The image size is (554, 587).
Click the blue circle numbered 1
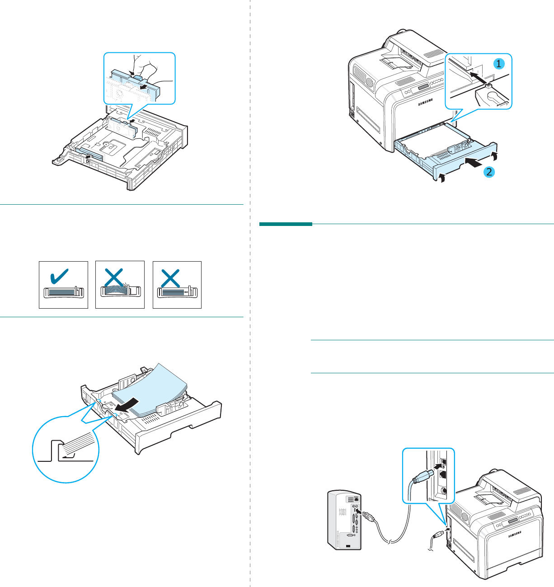pyautogui.click(x=499, y=64)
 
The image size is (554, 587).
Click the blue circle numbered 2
pyautogui.click(x=489, y=172)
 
